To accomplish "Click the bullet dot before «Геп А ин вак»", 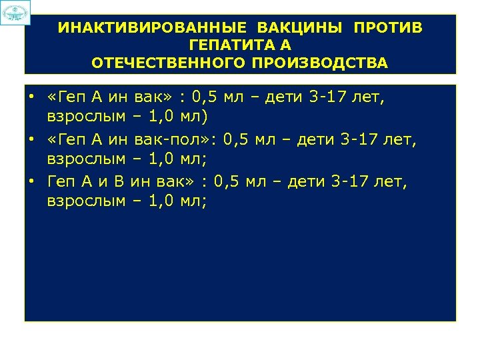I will pyautogui.click(x=32, y=98).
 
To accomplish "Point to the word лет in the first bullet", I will pyautogui.click(x=370, y=98).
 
